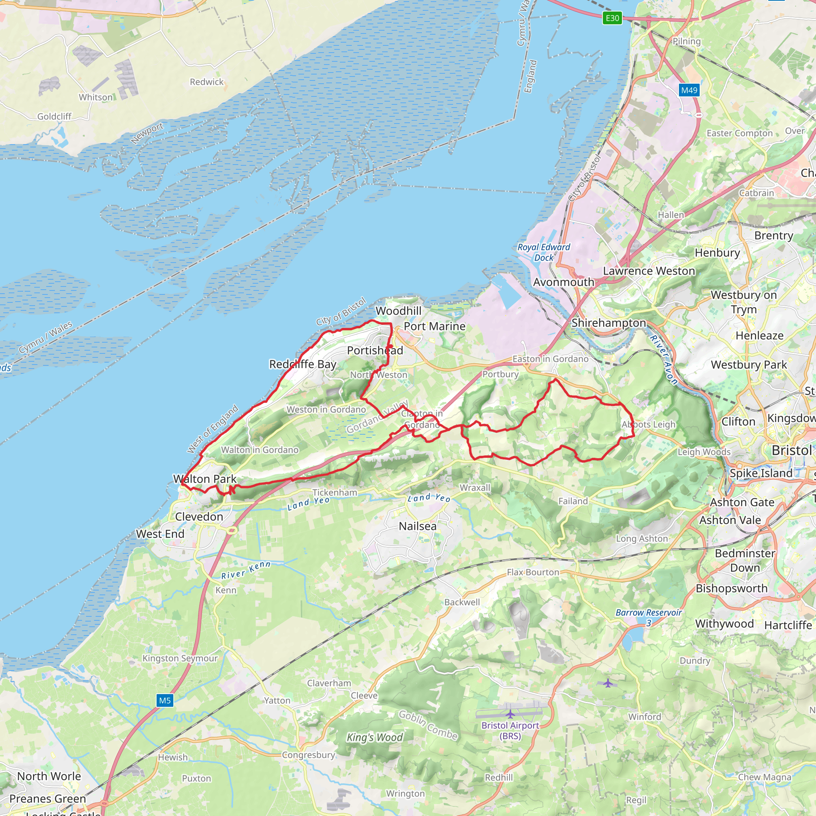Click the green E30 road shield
click(612, 18)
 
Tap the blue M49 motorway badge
click(689, 90)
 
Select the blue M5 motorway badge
click(165, 701)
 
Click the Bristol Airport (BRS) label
click(510, 731)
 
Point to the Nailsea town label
click(417, 526)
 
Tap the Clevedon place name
click(199, 516)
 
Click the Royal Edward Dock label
click(543, 252)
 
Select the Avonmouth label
click(563, 282)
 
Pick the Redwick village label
click(206, 82)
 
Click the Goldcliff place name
click(55, 117)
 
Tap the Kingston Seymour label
click(180, 659)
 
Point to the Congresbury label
click(308, 755)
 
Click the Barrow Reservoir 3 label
click(648, 618)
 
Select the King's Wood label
click(375, 738)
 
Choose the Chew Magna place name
click(765, 777)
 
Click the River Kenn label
click(246, 570)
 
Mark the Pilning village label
click(687, 41)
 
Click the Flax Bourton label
click(533, 572)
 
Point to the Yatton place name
click(277, 701)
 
